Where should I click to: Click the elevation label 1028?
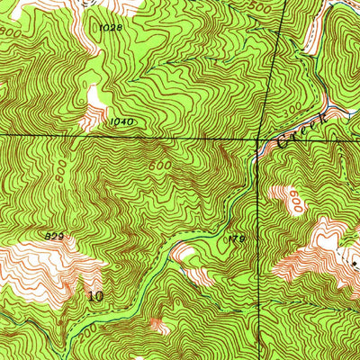(x=110, y=29)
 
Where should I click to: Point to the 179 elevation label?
(x=236, y=238)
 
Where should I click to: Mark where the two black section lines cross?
(x=266, y=139)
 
